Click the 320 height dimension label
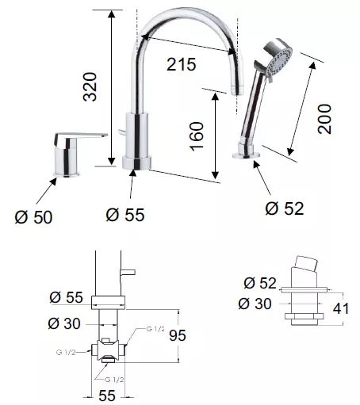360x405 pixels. tap(90, 86)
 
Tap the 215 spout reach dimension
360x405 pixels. tap(182, 64)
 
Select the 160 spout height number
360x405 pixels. tap(197, 136)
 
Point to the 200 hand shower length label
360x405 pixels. tap(324, 119)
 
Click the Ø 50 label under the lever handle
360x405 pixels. tap(33, 217)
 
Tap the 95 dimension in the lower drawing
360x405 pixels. tap(178, 335)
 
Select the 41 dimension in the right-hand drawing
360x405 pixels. tap(341, 308)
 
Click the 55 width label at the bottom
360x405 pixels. tap(107, 395)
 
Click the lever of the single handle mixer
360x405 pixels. tap(81, 137)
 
